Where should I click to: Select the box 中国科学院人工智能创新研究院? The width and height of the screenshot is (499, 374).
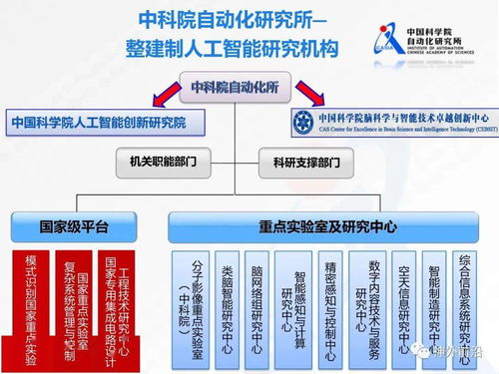pyautogui.click(x=111, y=124)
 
